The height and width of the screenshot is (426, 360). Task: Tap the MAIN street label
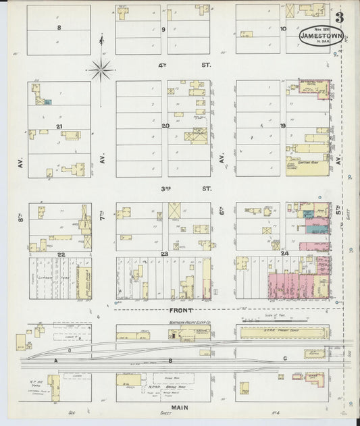(179, 407)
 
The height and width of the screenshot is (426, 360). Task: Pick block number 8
(59, 28)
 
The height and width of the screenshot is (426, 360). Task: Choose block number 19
(283, 126)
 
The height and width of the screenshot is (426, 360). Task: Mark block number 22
(60, 254)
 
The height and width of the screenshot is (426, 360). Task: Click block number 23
(164, 254)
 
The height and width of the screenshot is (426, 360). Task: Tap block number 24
(284, 254)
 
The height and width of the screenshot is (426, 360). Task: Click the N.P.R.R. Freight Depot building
(281, 332)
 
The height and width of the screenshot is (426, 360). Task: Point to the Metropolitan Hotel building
(310, 88)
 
